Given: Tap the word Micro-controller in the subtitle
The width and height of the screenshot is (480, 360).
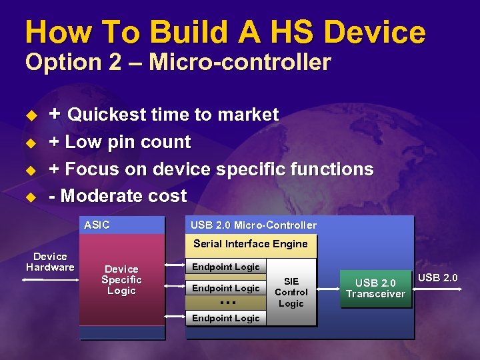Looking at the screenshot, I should point(239,62).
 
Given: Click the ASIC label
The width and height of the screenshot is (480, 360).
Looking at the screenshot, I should point(97,225).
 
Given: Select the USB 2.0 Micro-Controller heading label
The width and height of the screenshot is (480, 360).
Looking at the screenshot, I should point(253,225).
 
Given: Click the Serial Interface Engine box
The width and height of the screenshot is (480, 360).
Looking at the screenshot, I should point(251,245).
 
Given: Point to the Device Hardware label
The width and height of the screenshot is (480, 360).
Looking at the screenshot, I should point(50,261).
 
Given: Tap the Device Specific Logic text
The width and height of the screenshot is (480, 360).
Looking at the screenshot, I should point(121,280).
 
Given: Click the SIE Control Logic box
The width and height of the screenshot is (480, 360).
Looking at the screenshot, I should point(291,292).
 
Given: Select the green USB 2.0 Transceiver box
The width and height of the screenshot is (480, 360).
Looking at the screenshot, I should point(375,289).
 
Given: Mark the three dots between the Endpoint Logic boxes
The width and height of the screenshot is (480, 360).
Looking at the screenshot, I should point(227,303).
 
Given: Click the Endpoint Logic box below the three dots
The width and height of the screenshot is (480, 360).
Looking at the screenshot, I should point(226,318).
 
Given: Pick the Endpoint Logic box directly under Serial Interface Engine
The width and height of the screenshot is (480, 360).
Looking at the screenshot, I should point(226,267).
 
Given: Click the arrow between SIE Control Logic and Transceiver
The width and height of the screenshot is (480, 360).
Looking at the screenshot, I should point(328,289).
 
